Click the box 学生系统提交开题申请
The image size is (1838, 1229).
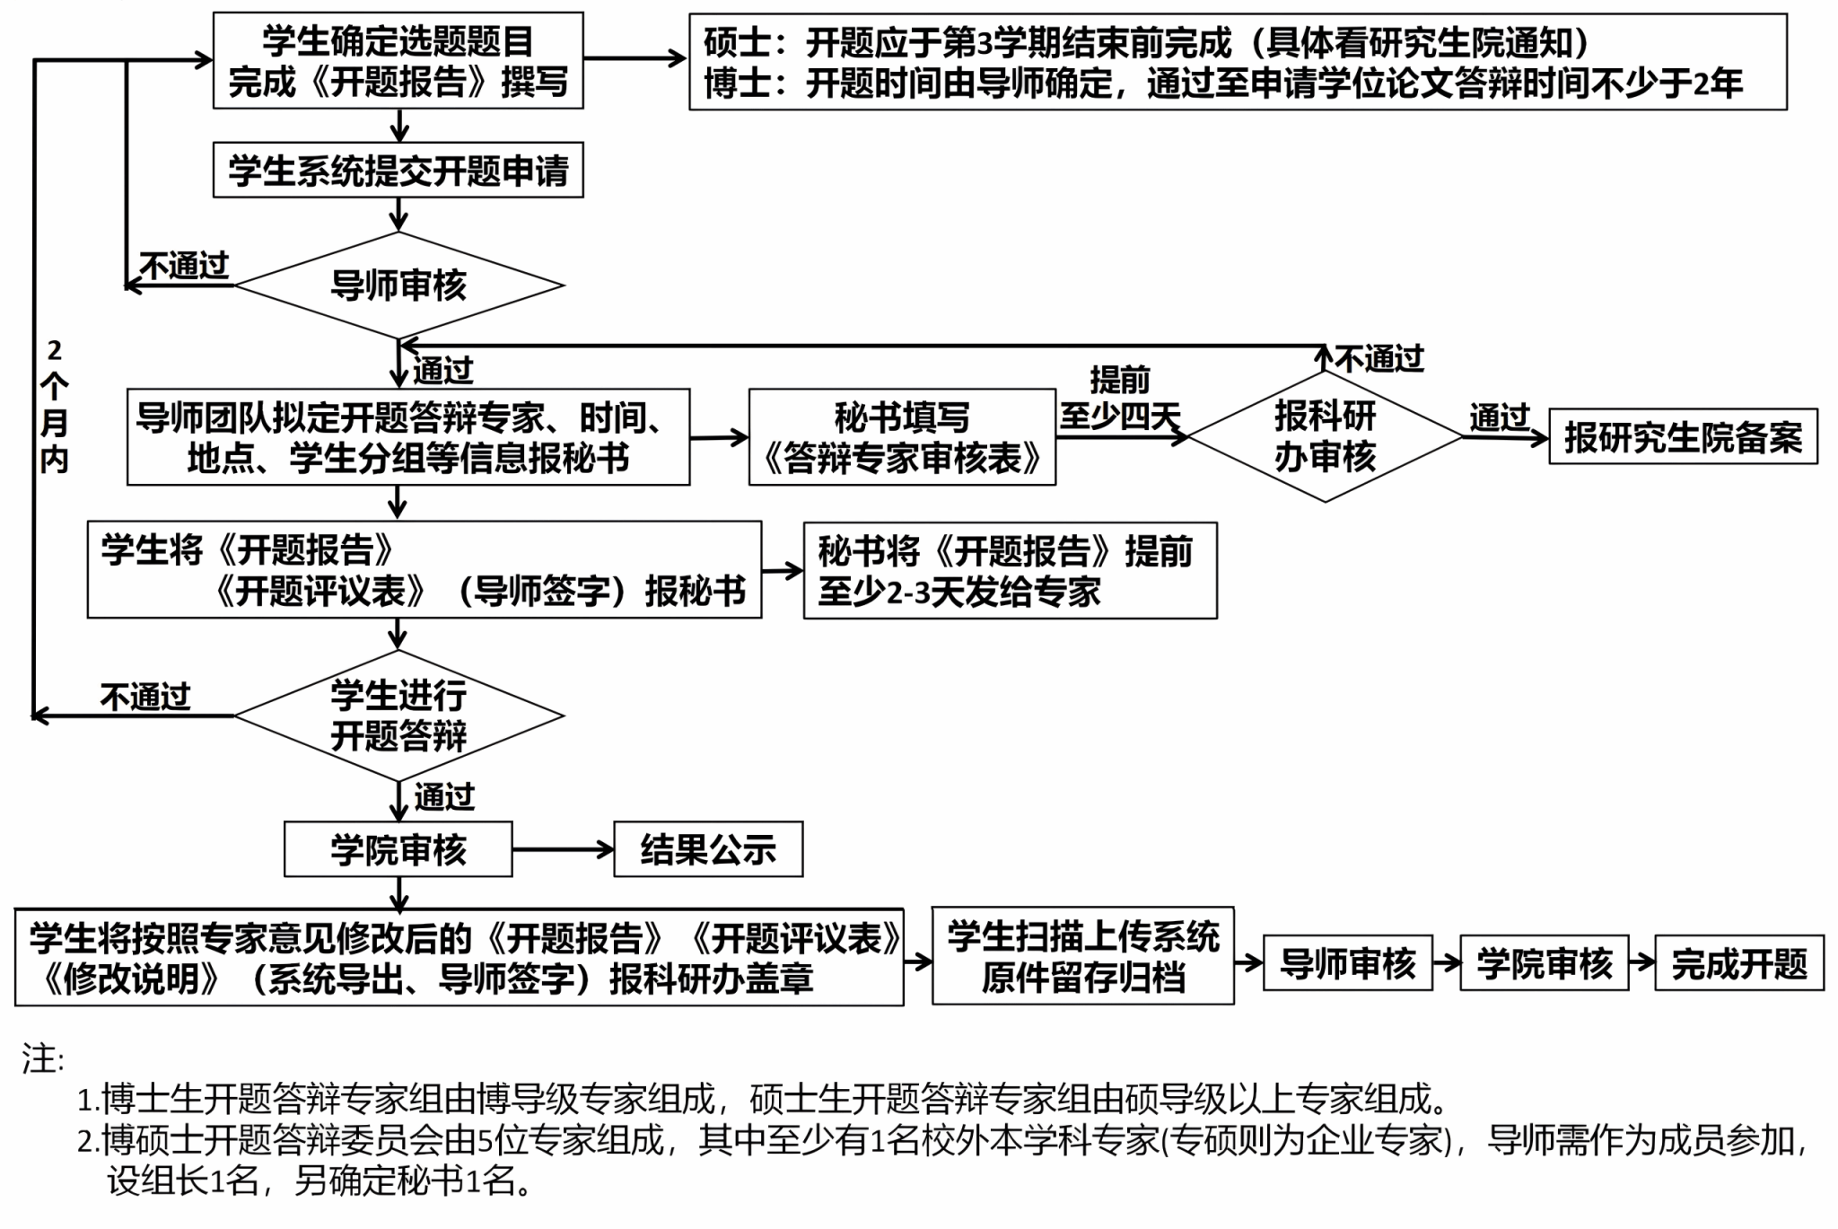398,170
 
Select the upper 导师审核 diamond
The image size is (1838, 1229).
398,285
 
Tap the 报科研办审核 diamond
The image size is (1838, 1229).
1325,437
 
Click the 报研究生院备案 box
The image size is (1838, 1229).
1683,437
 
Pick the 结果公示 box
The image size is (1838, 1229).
708,849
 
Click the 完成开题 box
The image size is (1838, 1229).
1738,963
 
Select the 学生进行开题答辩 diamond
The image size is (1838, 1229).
398,715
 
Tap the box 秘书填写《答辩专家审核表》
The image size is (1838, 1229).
902,437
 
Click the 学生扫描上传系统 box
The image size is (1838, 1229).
1082,956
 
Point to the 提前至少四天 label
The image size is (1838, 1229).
1119,398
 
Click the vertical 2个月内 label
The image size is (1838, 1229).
54,406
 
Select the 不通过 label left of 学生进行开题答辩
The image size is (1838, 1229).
145,697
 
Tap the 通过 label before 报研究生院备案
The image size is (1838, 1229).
1499,417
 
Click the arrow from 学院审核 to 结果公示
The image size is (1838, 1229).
563,849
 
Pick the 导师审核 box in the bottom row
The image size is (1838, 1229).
1347,963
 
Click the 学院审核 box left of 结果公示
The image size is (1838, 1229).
398,849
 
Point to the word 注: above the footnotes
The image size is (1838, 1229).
43,1059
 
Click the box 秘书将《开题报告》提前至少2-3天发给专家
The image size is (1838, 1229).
1010,571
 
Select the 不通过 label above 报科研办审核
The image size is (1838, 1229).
1379,359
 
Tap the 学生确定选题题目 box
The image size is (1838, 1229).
398,61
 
